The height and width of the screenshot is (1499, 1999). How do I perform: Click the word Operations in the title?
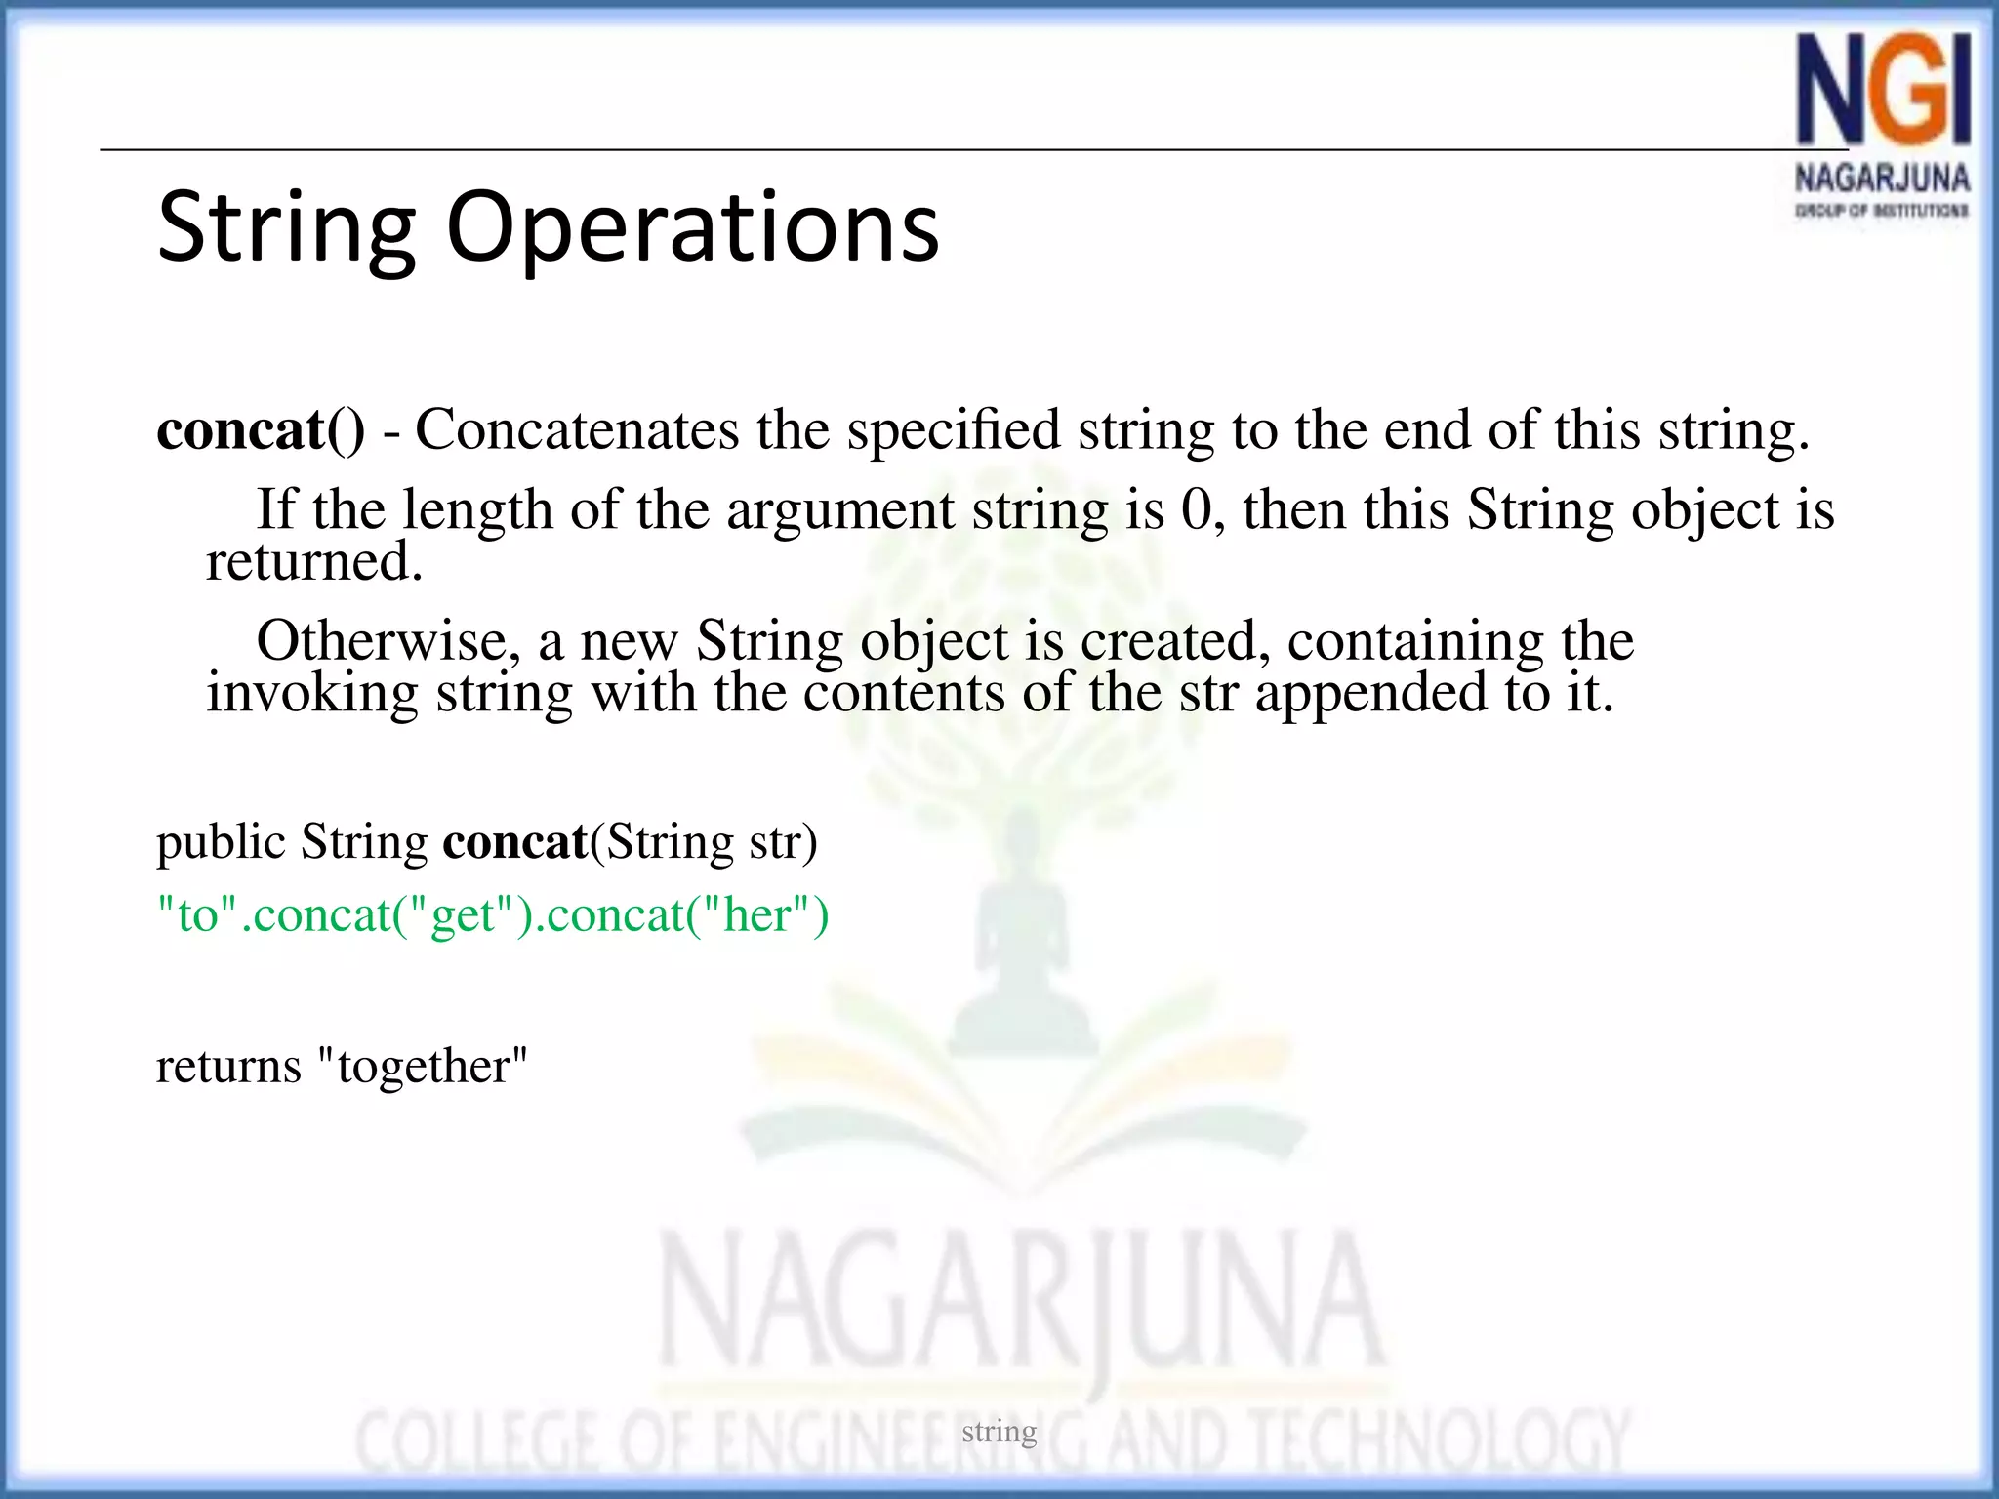[x=692, y=227]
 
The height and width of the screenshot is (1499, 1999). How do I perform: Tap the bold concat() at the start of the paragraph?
[x=261, y=429]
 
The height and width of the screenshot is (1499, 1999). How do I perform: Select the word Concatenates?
[x=577, y=429]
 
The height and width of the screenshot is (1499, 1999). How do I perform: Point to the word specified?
[x=953, y=429]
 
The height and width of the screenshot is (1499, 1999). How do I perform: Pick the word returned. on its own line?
[x=314, y=561]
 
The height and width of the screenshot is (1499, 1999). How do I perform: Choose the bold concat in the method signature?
[x=514, y=841]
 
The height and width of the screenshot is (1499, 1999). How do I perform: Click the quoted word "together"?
[x=423, y=1065]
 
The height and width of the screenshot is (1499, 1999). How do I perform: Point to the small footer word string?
[x=999, y=1431]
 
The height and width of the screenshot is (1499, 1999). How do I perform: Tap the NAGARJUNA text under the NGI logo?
[x=1882, y=179]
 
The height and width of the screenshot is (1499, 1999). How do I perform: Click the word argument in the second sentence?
[x=839, y=509]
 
